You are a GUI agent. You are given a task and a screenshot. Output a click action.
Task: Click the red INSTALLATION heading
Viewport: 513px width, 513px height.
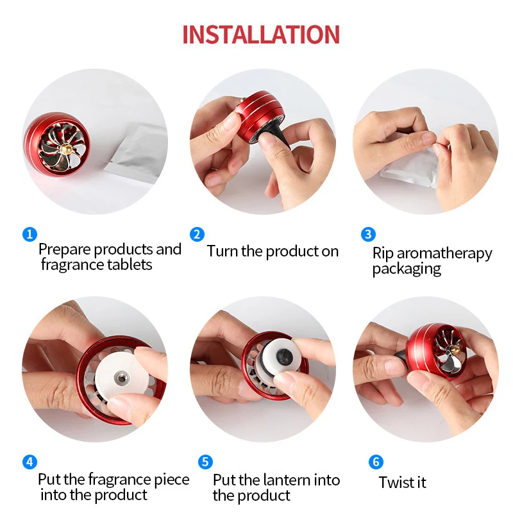tap(261, 35)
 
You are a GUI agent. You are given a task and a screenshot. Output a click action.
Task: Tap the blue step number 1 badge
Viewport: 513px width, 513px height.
tap(29, 234)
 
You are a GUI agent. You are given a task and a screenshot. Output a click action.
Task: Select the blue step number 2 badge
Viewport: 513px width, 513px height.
tap(197, 234)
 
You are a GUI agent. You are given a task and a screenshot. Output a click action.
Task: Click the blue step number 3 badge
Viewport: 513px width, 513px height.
tap(368, 234)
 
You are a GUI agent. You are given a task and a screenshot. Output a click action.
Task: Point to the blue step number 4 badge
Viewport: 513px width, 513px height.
tap(29, 462)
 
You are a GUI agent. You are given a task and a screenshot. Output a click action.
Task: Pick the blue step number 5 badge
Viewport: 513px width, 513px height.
tap(205, 462)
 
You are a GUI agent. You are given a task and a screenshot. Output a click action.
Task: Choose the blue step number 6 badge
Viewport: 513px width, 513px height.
tap(376, 462)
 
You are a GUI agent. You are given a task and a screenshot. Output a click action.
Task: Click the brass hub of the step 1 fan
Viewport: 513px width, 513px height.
tap(65, 148)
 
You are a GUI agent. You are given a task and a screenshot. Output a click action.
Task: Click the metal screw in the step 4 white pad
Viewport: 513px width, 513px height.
tap(121, 378)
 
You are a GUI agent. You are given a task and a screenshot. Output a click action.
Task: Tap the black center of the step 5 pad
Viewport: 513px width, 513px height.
tap(283, 355)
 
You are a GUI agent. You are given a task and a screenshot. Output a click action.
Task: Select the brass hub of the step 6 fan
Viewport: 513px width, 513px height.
tap(454, 351)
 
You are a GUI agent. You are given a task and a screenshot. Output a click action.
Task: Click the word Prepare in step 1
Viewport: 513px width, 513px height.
tap(65, 250)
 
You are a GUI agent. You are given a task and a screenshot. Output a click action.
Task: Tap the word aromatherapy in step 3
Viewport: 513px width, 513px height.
tap(444, 254)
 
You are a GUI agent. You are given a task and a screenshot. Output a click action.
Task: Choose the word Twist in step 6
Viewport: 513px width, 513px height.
tap(393, 482)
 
